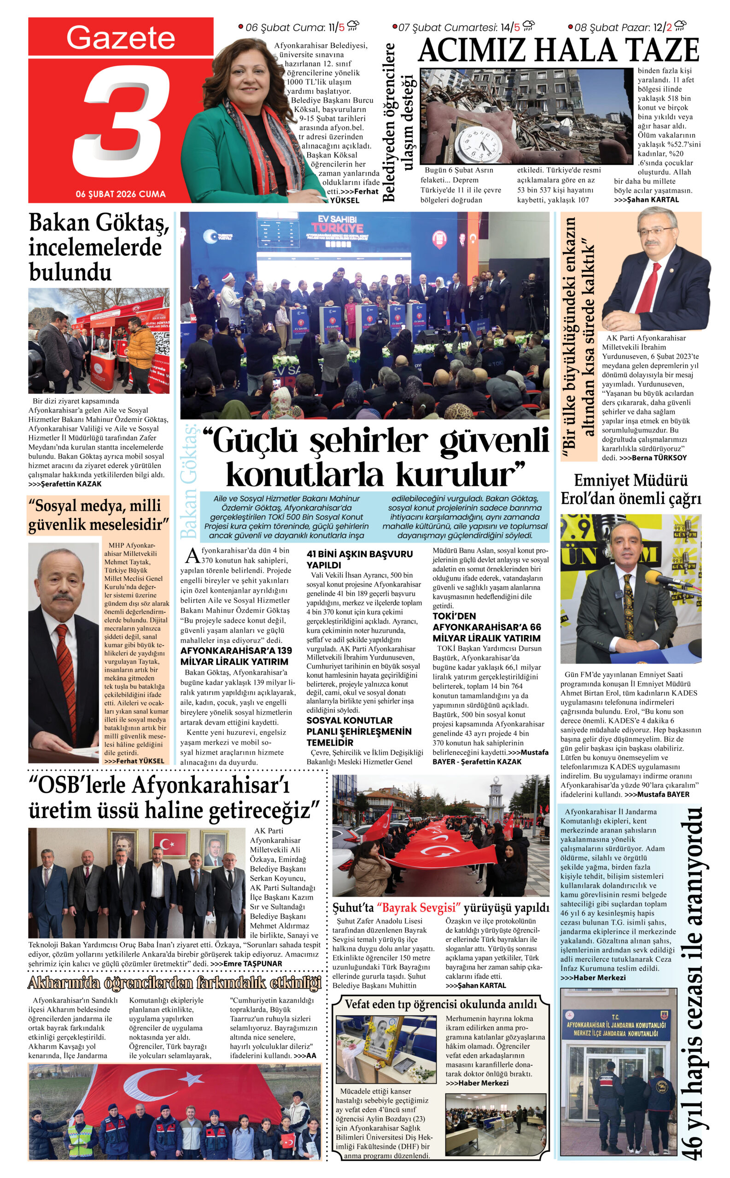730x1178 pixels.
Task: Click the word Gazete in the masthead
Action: point(121,38)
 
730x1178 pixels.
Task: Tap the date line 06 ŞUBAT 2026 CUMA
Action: point(121,194)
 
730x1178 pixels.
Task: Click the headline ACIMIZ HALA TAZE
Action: point(558,50)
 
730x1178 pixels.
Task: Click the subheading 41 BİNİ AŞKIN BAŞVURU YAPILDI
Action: point(359,559)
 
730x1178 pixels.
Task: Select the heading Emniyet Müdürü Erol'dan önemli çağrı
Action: point(631,489)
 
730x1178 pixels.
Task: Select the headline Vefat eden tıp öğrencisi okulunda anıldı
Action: point(440,1005)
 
